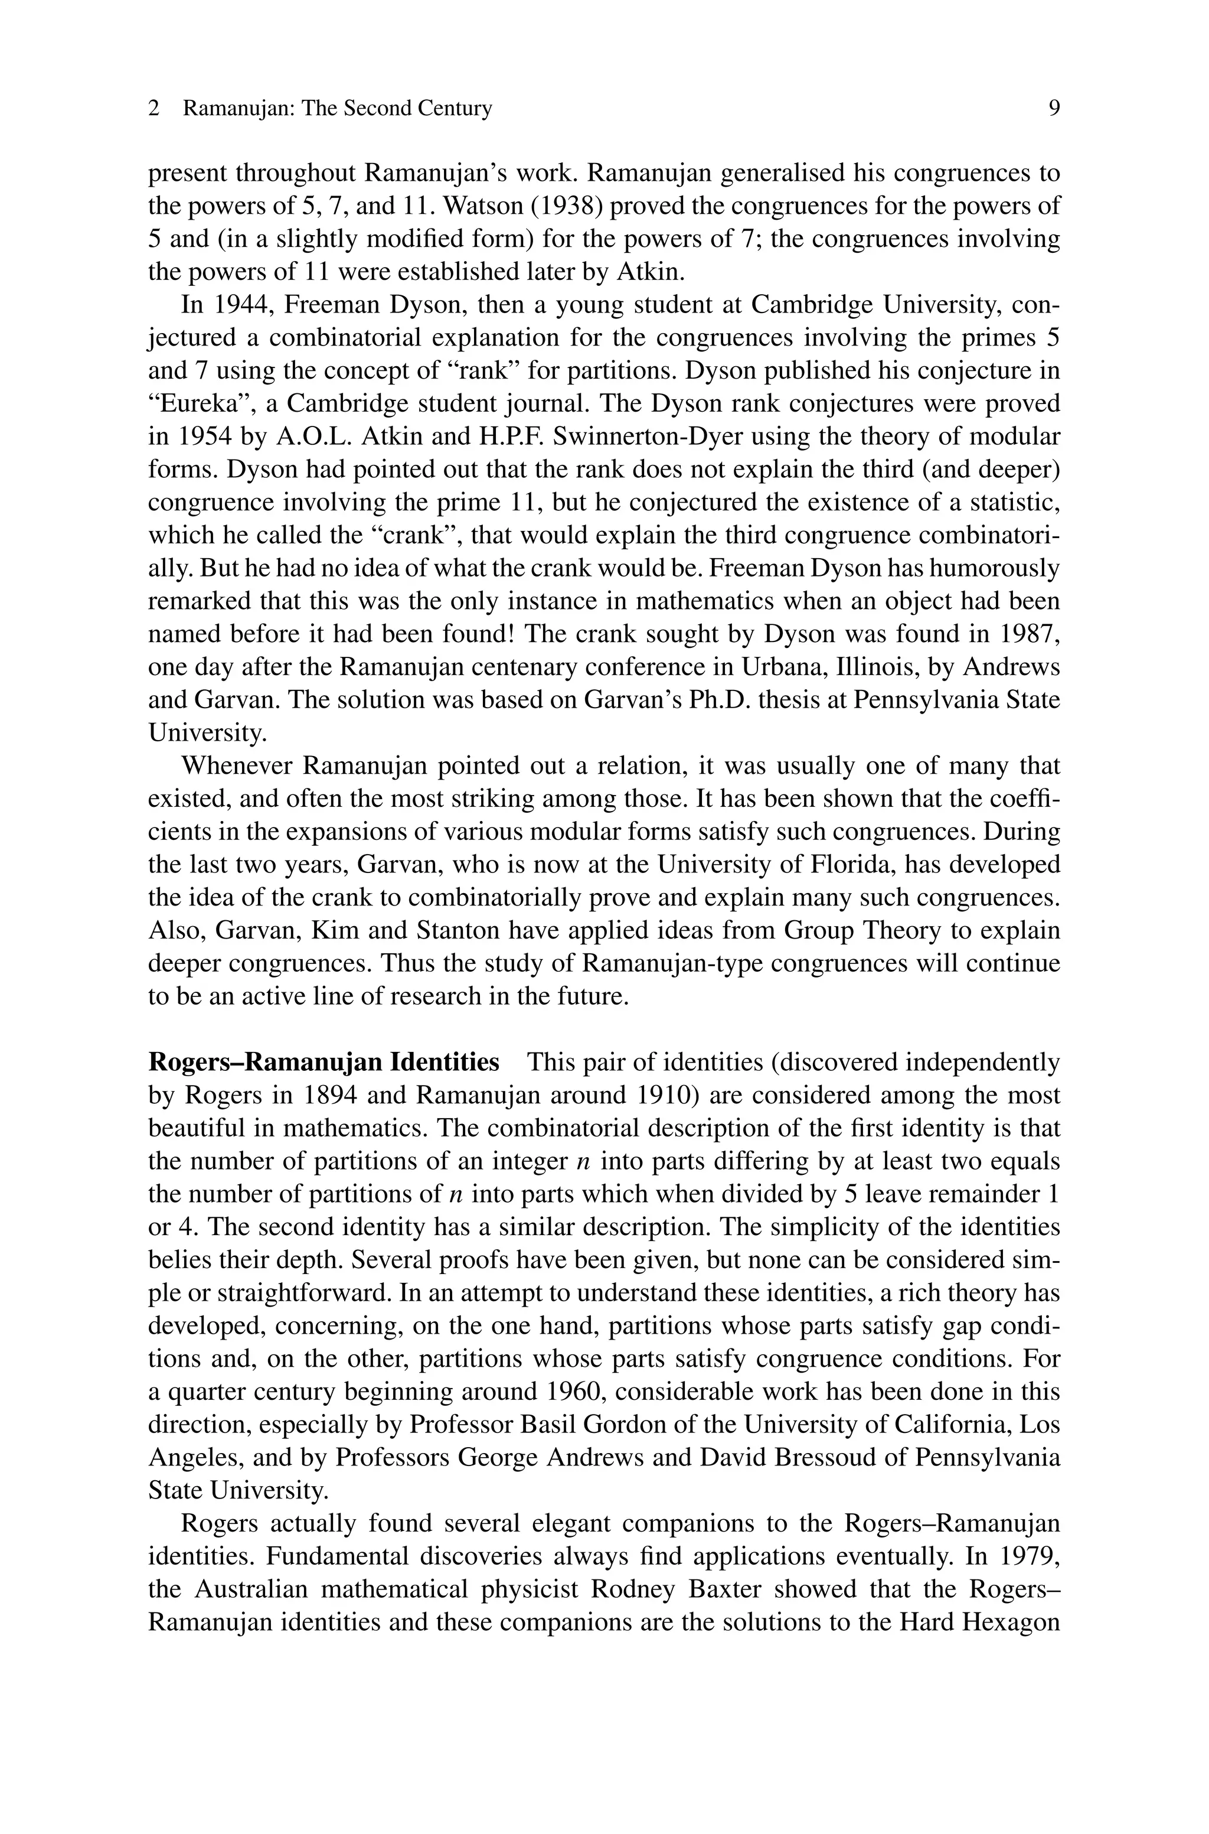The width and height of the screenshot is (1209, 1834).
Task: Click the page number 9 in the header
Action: pos(1054,109)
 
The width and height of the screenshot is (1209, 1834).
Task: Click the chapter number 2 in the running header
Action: pos(154,109)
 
